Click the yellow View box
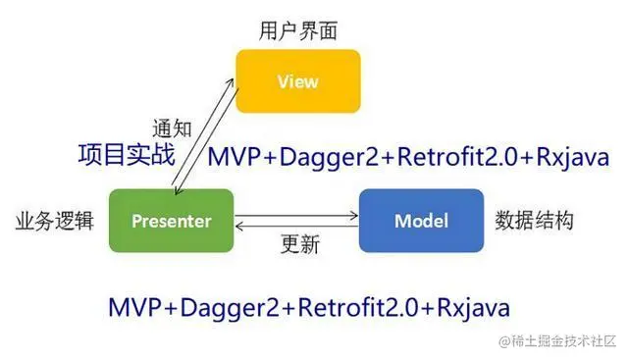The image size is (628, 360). (x=298, y=81)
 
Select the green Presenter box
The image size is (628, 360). (x=172, y=221)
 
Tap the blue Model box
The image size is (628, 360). (x=421, y=221)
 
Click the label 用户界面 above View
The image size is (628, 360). (x=298, y=30)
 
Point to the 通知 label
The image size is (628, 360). (x=172, y=129)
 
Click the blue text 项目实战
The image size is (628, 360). (x=127, y=155)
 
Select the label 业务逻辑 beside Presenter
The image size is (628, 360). (x=55, y=221)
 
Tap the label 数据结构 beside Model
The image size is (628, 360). (x=534, y=221)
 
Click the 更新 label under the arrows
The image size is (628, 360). (x=300, y=244)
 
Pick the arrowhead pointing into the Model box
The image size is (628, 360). (x=354, y=216)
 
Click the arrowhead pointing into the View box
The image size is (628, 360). (x=231, y=82)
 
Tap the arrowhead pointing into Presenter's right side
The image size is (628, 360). (x=239, y=227)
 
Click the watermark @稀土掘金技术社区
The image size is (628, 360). (x=557, y=340)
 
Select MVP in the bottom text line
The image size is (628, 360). (x=134, y=308)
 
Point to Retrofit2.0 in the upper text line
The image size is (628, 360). (x=456, y=157)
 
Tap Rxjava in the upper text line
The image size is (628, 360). (x=573, y=157)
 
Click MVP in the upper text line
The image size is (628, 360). (x=235, y=157)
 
